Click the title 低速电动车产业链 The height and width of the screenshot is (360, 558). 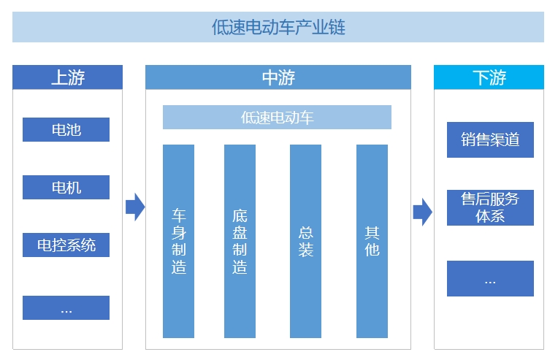(278, 28)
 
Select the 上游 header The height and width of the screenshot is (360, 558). (67, 77)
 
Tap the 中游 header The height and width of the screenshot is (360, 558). (278, 77)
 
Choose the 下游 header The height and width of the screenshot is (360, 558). (489, 77)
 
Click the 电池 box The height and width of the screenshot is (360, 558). (66, 130)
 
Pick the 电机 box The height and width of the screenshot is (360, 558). (66, 188)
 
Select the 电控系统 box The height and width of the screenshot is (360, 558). (66, 245)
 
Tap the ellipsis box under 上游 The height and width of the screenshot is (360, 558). (66, 307)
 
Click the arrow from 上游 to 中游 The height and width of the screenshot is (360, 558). (134, 207)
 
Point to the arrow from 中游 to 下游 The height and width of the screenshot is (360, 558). (422, 212)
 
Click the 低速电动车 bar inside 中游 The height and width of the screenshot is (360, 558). (277, 117)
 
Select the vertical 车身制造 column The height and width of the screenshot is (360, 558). (179, 241)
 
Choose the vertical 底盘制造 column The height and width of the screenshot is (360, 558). (240, 241)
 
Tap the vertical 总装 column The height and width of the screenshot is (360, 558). (305, 241)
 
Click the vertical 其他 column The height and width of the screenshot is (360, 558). (372, 241)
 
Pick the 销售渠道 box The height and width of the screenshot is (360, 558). (490, 140)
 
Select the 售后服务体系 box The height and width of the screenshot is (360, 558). (490, 207)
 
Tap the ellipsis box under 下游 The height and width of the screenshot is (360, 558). (490, 278)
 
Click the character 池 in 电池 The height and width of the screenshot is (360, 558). (74, 130)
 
